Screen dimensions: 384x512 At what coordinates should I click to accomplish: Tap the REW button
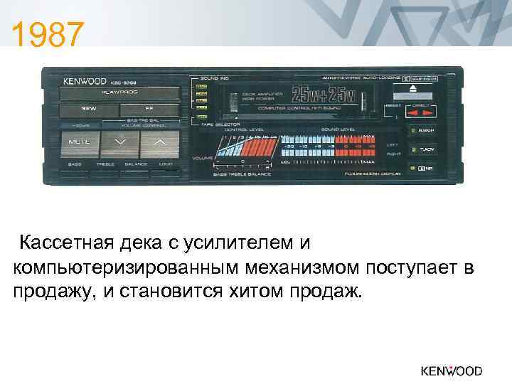point(88,110)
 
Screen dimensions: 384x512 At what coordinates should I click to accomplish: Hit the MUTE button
point(78,142)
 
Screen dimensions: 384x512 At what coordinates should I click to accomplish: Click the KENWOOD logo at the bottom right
point(451,370)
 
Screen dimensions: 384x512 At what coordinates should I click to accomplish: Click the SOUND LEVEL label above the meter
point(338,129)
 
